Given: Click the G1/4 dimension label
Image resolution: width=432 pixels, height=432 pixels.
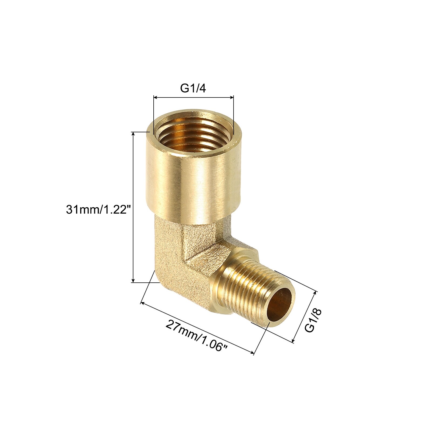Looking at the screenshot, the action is coord(193,88).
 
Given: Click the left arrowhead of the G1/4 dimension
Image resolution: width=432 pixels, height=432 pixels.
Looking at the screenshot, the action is coord(156,97).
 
